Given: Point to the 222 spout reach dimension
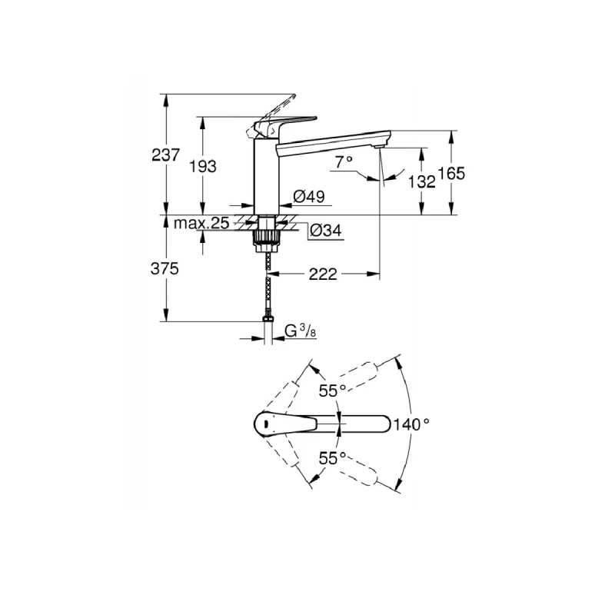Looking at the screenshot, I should tap(323, 274).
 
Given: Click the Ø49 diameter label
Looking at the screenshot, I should tap(309, 198).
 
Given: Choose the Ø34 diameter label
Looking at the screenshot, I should tap(324, 230).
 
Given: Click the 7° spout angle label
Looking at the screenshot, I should tap(344, 161).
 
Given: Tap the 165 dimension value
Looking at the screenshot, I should tap(452, 174).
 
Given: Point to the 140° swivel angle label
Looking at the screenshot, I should tap(412, 423).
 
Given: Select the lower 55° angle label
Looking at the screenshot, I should tap(332, 457).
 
